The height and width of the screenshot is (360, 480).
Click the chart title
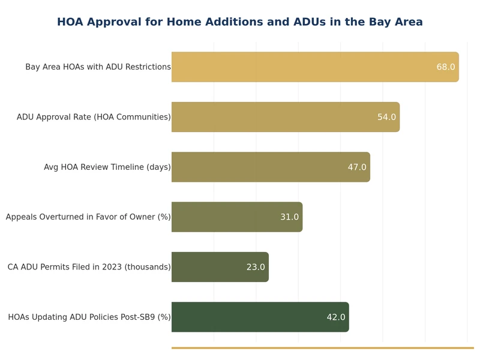pyautogui.click(x=240, y=22)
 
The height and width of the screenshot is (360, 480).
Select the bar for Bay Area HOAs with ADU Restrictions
pyautogui.click(x=300, y=67)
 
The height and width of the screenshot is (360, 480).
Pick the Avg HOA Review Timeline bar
pyautogui.click(x=258, y=167)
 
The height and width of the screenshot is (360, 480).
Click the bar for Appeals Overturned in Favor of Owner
pyautogui.click(x=228, y=217)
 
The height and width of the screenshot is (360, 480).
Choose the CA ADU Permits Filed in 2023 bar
pyautogui.click(x=210, y=267)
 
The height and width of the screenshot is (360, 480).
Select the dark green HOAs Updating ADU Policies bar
pyautogui.click(x=252, y=317)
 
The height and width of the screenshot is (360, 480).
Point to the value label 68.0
pyautogui.click(x=446, y=67)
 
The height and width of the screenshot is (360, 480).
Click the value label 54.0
pyautogui.click(x=386, y=117)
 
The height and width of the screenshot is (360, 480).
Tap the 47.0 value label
pyautogui.click(x=357, y=167)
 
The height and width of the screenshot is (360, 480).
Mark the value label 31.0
pyautogui.click(x=289, y=217)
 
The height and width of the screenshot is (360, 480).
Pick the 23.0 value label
pyautogui.click(x=256, y=267)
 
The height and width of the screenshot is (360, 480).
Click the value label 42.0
pyautogui.click(x=336, y=317)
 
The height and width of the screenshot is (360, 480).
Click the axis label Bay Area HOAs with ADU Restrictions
pyautogui.click(x=98, y=67)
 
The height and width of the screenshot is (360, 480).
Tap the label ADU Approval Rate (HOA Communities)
pyautogui.click(x=94, y=117)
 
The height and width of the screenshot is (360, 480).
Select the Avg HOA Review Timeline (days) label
pyautogui.click(x=107, y=167)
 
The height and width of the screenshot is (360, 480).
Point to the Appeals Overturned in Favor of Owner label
pyautogui.click(x=88, y=217)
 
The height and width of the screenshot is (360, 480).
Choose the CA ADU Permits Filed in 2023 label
pyautogui.click(x=89, y=267)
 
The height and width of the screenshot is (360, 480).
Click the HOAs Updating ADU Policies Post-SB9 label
pyautogui.click(x=89, y=317)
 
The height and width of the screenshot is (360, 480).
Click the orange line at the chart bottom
pyautogui.click(x=322, y=347)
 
